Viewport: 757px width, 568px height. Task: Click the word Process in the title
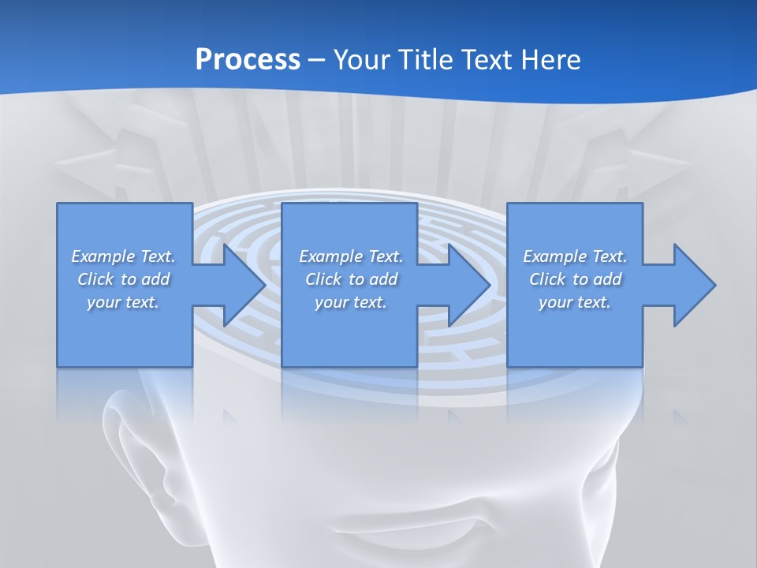[x=248, y=59]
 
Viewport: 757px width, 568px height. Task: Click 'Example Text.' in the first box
[x=123, y=256]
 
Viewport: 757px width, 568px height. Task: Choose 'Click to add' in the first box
[x=123, y=279]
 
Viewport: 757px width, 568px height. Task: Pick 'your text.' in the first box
[x=123, y=302]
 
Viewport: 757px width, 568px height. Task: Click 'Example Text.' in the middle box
[x=351, y=256]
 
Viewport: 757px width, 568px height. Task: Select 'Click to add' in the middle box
[x=351, y=279]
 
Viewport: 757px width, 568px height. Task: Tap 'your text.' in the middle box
[x=351, y=302]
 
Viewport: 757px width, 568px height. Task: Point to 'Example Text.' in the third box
[x=575, y=256]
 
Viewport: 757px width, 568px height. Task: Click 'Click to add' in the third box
[x=575, y=279]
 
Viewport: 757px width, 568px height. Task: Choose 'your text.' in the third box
[x=575, y=302]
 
